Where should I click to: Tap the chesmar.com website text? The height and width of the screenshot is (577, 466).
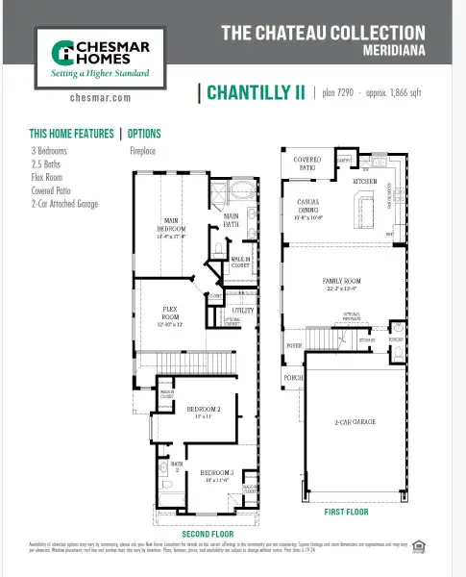click(100, 98)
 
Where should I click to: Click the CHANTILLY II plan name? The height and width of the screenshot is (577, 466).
click(254, 92)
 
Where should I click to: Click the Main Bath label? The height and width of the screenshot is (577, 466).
click(232, 219)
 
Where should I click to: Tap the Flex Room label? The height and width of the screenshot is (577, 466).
click(170, 314)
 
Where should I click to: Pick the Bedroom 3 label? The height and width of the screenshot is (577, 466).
click(217, 473)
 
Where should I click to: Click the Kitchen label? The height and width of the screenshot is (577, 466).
click(365, 181)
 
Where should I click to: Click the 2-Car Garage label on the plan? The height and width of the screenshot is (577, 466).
click(356, 422)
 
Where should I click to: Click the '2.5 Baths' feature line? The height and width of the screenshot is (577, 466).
click(46, 164)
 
